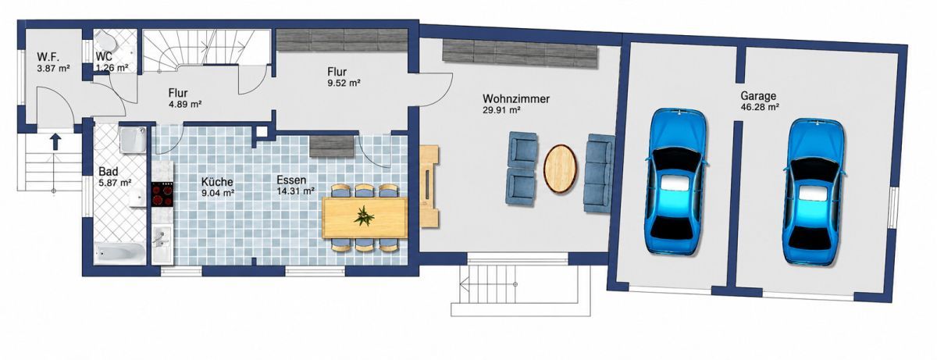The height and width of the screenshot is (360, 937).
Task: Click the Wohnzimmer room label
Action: tap(516, 99)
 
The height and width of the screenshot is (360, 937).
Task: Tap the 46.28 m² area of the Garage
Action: tap(760, 107)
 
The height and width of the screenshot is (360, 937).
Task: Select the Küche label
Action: tap(217, 182)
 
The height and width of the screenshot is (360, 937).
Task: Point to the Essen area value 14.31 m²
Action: tap(295, 191)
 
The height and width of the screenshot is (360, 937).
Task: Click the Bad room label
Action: tap(109, 172)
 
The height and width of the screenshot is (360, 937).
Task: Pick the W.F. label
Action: tap(48, 57)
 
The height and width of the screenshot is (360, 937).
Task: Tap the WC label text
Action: tap(104, 56)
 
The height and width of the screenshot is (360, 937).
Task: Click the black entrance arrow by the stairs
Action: tap(56, 141)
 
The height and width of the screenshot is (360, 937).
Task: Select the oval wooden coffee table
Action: tap(560, 169)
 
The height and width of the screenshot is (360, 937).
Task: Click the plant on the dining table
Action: tap(364, 216)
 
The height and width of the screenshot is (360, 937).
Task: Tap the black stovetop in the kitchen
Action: tap(162, 195)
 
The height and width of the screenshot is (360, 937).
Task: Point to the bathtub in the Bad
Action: tap(119, 253)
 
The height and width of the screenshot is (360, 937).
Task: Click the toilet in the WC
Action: tap(106, 41)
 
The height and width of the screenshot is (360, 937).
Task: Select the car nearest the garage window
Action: tap(816, 191)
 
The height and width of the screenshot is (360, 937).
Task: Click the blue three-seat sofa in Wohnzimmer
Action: tap(600, 173)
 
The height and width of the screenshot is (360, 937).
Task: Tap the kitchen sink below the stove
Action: tap(162, 244)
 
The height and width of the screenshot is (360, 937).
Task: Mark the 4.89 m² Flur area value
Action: tap(185, 104)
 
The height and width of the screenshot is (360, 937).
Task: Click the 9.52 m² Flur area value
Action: tap(344, 83)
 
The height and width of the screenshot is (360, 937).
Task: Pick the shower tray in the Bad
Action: tap(133, 140)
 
